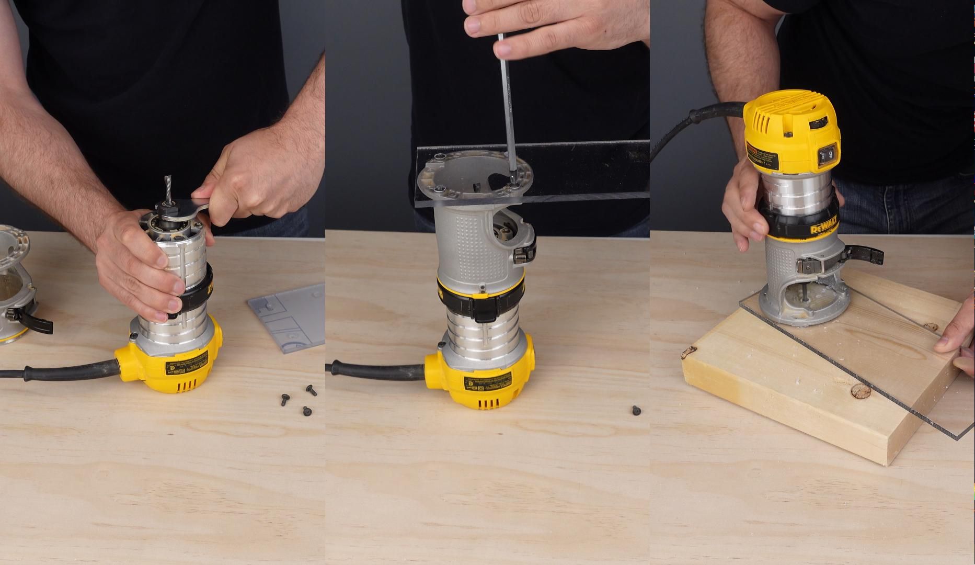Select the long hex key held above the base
point(506,105)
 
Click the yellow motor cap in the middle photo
point(478,382)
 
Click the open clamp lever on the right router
point(857,256)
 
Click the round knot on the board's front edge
point(860,391)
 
